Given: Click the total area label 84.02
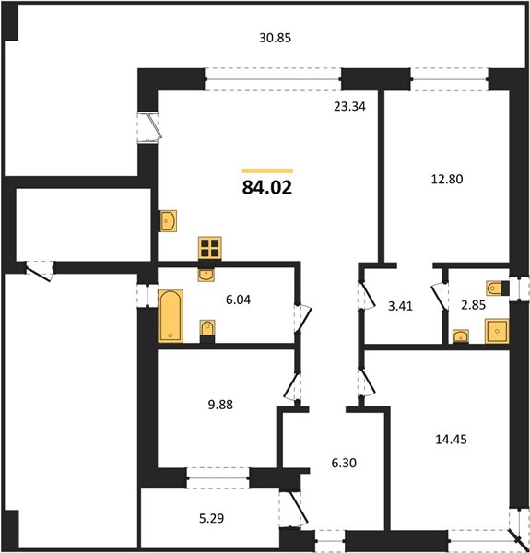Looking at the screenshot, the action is point(267,188).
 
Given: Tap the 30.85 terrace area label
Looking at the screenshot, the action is point(275,38).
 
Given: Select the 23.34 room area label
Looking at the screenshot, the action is point(350,106).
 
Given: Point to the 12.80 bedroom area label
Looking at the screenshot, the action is point(447,179).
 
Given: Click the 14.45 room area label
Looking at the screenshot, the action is point(452,440).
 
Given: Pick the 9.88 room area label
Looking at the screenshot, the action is point(220,405).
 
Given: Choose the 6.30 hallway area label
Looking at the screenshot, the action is point(344,463).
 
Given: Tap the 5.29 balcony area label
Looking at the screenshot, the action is point(212,518).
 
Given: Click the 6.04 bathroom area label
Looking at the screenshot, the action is point(239,300).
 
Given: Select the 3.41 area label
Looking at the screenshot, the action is point(400,306).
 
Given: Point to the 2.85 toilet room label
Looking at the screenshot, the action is point(474,305).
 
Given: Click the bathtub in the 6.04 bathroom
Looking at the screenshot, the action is point(171,316).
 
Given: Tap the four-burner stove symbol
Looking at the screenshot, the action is point(210,248).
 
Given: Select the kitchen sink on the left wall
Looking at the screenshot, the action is point(169,221).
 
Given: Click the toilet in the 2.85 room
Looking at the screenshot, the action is point(498,288).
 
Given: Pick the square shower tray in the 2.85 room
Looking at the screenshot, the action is point(497,331).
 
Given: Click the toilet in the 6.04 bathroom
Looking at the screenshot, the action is point(207,331).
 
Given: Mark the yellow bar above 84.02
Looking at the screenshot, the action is point(267,171).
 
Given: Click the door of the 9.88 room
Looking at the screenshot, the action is point(293,386).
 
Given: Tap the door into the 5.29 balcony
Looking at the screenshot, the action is point(293,508).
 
